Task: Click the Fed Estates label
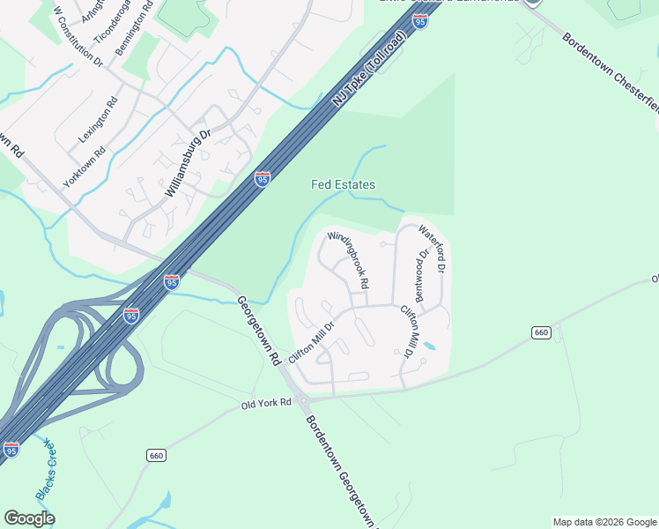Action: [x=343, y=185]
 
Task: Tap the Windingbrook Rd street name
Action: [x=348, y=262]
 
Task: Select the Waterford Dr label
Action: [x=433, y=248]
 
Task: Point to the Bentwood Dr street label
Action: [x=422, y=276]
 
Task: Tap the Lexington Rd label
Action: [x=98, y=120]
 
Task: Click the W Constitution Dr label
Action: [x=78, y=37]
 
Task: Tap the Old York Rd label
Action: [x=266, y=404]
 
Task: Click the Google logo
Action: [x=29, y=518]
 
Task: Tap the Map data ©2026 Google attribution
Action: [x=604, y=522]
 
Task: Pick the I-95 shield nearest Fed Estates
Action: [x=263, y=179]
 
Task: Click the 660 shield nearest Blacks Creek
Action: [x=157, y=455]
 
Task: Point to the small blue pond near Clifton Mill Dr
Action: [x=428, y=346]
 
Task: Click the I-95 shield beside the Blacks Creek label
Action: [x=11, y=450]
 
